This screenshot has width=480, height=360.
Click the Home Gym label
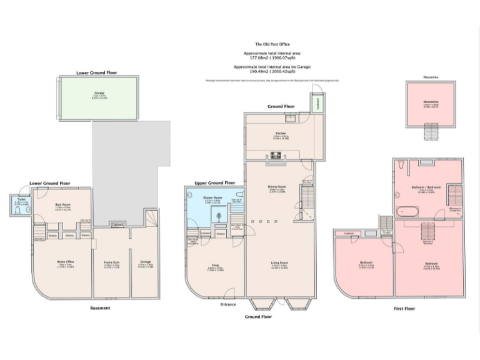(x=112, y=262)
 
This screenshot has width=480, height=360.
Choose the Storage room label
(x=145, y=262)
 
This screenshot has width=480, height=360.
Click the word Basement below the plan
(x=100, y=307)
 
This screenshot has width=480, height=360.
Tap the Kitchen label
(x=280, y=133)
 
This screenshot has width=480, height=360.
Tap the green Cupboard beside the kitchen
(x=317, y=104)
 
